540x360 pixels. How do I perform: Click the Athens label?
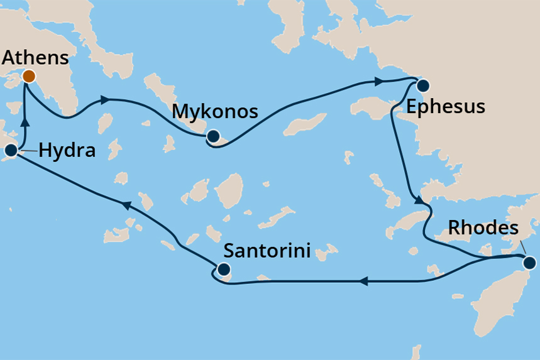pyautogui.click(x=35, y=58)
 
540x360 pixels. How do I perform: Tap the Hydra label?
pyautogui.click(x=67, y=150)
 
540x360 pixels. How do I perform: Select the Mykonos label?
pyautogui.click(x=215, y=112)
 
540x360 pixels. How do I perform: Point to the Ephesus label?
pyautogui.click(x=446, y=106)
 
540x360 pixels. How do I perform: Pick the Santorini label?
pyautogui.click(x=268, y=251)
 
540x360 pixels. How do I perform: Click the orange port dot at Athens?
pyautogui.click(x=29, y=77)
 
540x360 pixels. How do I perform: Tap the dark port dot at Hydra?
pyautogui.click(x=11, y=150)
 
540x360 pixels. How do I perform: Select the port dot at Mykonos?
pyautogui.click(x=213, y=136)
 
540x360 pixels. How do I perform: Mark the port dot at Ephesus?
pyautogui.click(x=422, y=86)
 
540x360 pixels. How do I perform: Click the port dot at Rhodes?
pyautogui.click(x=529, y=263)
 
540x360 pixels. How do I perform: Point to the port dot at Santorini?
pyautogui.click(x=223, y=270)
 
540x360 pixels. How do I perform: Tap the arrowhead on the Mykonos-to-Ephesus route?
pyautogui.click(x=379, y=81)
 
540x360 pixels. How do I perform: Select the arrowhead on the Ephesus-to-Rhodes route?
pyautogui.click(x=418, y=200)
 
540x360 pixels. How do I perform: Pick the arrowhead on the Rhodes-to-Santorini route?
pyautogui.click(x=363, y=282)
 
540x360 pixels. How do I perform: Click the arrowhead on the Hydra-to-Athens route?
pyautogui.click(x=26, y=121)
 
